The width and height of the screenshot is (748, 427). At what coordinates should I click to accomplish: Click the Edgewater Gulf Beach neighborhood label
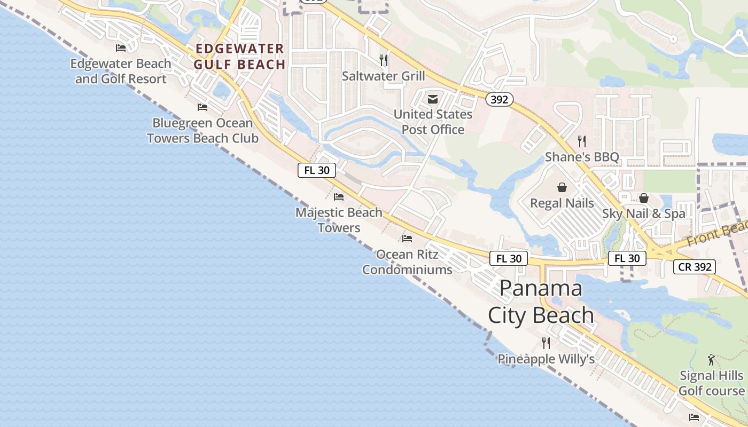(x=239, y=57)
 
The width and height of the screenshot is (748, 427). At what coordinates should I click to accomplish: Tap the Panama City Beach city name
(x=541, y=302)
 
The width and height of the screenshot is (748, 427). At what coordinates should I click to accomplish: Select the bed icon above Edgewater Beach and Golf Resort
(x=121, y=48)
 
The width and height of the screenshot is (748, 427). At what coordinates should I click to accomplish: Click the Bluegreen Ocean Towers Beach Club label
(x=202, y=131)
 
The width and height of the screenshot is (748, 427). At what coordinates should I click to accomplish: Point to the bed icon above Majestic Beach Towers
(x=339, y=197)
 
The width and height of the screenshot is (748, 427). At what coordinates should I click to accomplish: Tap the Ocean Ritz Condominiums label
(x=407, y=262)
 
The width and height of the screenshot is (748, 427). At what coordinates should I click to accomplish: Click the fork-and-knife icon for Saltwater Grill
(x=384, y=60)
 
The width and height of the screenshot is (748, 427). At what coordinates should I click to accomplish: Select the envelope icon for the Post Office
(x=433, y=99)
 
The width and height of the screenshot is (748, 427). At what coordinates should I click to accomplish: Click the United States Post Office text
(x=433, y=122)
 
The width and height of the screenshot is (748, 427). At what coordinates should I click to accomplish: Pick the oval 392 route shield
(x=500, y=99)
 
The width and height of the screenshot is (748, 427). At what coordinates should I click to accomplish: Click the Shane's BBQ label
(x=582, y=157)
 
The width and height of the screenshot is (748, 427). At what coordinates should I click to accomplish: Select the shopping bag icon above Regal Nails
(x=562, y=187)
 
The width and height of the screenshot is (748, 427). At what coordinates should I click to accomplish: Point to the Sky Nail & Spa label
(x=644, y=213)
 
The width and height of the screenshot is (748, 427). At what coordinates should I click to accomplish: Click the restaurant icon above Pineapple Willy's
(x=546, y=343)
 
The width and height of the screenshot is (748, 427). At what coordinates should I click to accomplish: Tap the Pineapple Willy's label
(x=546, y=359)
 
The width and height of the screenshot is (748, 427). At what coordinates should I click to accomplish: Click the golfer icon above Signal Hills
(x=711, y=359)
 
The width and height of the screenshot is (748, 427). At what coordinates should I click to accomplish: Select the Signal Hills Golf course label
(x=711, y=383)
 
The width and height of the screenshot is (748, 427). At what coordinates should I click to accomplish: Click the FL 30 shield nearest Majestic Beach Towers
(x=317, y=170)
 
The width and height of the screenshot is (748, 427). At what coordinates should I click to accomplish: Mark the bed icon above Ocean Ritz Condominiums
(x=407, y=238)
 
